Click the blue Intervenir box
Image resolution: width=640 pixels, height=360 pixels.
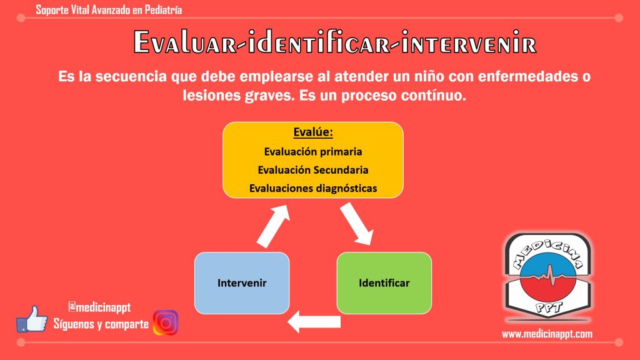pos(242,283)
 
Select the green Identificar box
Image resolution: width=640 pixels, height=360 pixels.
pos(384,283)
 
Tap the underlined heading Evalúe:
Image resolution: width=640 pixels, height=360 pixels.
pos(313,132)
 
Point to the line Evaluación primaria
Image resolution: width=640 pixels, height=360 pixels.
pos(313,152)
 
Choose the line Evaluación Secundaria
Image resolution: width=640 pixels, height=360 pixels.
pos(313,170)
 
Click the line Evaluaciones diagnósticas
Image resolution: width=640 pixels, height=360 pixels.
pos(313,189)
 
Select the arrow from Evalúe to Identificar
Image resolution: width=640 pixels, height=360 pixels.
pos(357,224)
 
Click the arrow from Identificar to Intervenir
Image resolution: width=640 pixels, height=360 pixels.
pos(314,322)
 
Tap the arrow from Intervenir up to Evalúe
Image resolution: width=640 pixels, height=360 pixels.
pos(273,226)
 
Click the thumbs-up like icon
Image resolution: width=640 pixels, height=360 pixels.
pos(31,319)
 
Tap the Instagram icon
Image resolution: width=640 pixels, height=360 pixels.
pos(166,323)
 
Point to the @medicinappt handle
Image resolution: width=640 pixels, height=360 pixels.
pos(99,307)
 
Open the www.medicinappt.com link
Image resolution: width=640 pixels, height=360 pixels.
pos(547,334)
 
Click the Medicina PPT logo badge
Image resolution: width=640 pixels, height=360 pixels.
pos(548,276)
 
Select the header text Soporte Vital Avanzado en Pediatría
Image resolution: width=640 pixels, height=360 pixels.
pos(109,10)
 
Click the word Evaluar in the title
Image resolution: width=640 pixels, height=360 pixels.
pos(185,42)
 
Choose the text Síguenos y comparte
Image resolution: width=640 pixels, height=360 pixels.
pos(101,324)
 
